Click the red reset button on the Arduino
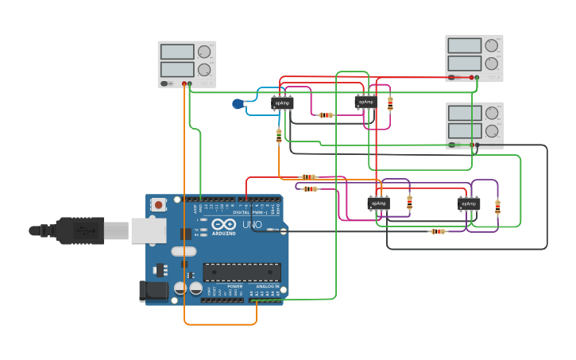158,205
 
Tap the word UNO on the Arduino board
252,225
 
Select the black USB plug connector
79,230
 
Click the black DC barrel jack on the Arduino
153,292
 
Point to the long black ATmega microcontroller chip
242,273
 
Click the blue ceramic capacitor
238,103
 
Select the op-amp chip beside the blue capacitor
282,103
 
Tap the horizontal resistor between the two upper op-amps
326,115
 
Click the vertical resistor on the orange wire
279,136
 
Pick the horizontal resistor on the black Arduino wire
438,231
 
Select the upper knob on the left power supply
204,52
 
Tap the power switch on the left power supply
165,83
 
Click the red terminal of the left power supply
184,83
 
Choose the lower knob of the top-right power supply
492,64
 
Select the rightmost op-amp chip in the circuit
469,204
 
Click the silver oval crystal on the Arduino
183,252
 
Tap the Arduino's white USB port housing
149,230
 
